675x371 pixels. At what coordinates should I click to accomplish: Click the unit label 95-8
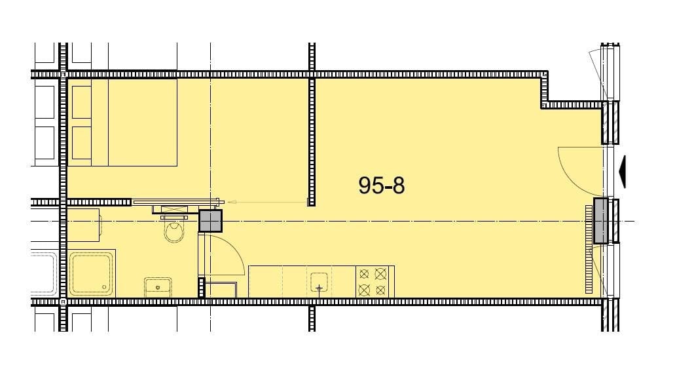click(x=382, y=185)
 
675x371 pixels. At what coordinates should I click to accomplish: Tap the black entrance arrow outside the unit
click(x=622, y=172)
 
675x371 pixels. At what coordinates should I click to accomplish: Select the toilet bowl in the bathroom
click(x=174, y=232)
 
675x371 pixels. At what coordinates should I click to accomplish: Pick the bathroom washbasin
click(x=158, y=287)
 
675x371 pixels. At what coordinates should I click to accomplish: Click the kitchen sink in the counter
click(x=319, y=283)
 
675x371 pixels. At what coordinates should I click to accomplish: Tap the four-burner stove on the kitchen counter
click(x=373, y=282)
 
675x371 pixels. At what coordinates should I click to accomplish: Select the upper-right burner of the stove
click(x=380, y=273)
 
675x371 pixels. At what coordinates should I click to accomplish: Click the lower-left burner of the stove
click(x=364, y=290)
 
